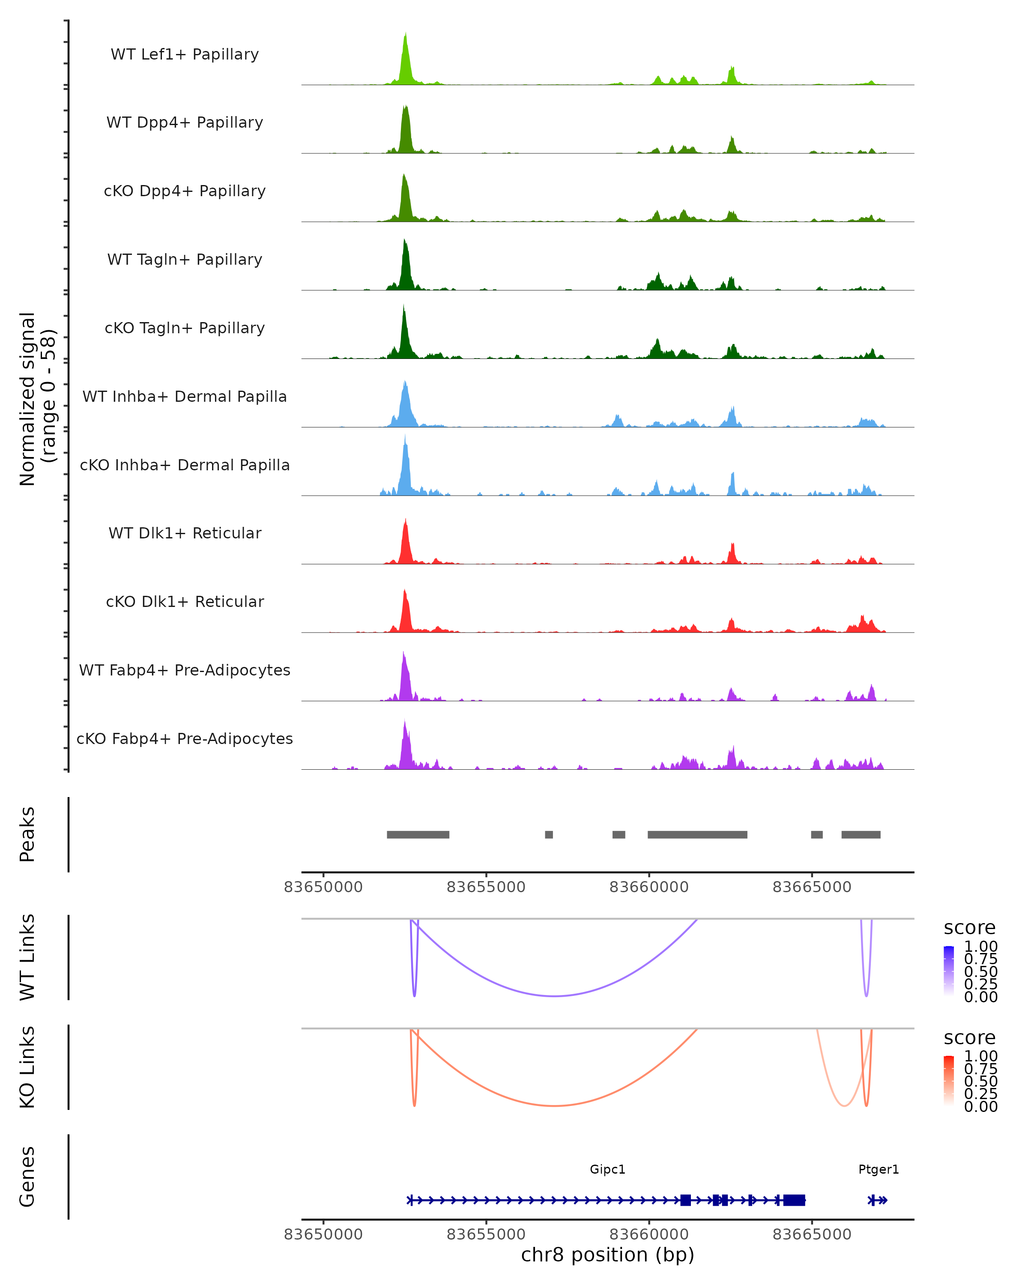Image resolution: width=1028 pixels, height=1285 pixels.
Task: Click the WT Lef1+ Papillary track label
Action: click(185, 54)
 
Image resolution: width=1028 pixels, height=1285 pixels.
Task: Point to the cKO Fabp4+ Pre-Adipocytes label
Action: click(185, 738)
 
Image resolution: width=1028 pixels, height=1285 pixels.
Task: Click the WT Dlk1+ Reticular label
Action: click(185, 533)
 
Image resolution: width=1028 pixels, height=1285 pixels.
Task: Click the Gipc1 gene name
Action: click(607, 1169)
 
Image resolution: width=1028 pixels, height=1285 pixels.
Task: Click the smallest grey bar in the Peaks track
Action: click(548, 834)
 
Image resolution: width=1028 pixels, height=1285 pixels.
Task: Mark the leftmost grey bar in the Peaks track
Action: click(418, 834)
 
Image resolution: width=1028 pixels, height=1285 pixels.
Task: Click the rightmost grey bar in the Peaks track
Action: click(861, 834)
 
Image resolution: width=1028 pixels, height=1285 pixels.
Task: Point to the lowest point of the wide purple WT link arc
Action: click(555, 996)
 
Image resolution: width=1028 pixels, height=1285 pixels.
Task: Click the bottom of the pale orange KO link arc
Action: click(844, 1106)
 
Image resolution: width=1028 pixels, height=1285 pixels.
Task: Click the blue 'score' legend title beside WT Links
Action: click(969, 927)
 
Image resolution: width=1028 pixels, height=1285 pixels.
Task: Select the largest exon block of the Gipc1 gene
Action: click(794, 1200)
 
